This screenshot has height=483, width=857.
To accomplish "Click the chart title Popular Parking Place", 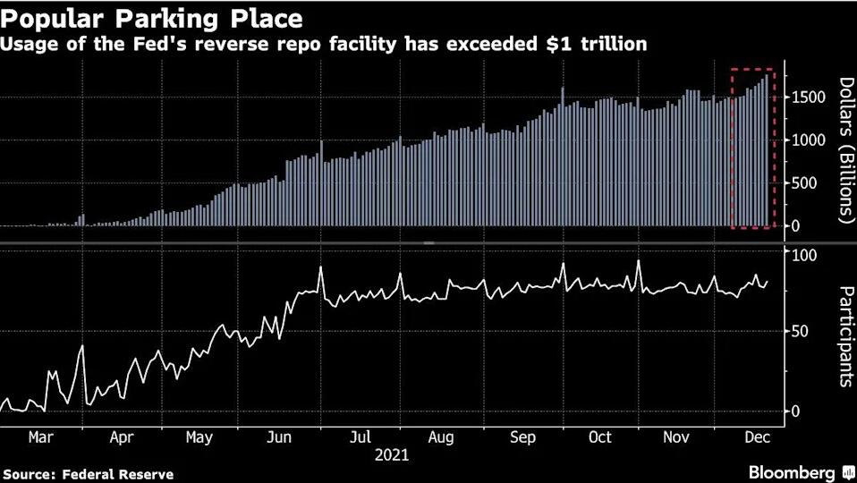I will (x=153, y=18).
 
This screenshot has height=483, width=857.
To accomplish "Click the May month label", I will (x=199, y=437).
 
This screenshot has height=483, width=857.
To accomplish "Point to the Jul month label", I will (x=360, y=437).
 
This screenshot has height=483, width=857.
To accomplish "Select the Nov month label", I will (x=677, y=437).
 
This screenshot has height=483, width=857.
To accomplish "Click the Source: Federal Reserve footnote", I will (x=88, y=474).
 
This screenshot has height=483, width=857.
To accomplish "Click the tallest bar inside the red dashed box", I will (x=766, y=152).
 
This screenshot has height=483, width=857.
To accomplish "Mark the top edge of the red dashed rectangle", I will (x=751, y=69).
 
